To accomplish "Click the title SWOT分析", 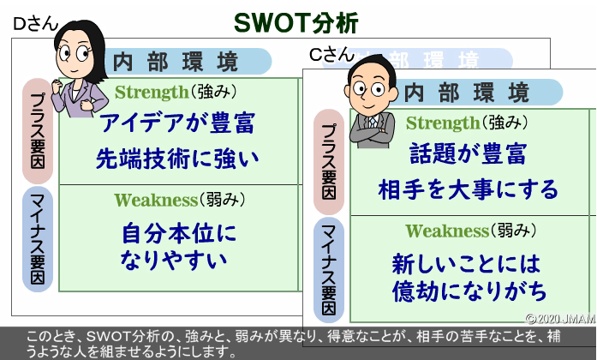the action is [296, 23].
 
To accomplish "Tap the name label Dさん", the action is [35, 24].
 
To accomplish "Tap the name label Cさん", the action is [331, 55].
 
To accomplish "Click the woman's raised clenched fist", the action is [57, 87].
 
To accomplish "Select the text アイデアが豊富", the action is [177, 123].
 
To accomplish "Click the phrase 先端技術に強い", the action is [177, 159].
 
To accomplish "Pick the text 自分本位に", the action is [179, 233].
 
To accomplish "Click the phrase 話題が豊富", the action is [468, 153].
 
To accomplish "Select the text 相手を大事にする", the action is [468, 189].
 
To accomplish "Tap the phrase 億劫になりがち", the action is [469, 291].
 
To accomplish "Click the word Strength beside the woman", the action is [152, 93].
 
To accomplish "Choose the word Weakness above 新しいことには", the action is [447, 231].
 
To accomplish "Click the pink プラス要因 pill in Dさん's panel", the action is [38, 131].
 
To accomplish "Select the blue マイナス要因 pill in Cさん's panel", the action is [329, 270].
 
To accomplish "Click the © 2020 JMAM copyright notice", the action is [560, 319].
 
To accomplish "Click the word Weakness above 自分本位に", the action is [156, 200].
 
